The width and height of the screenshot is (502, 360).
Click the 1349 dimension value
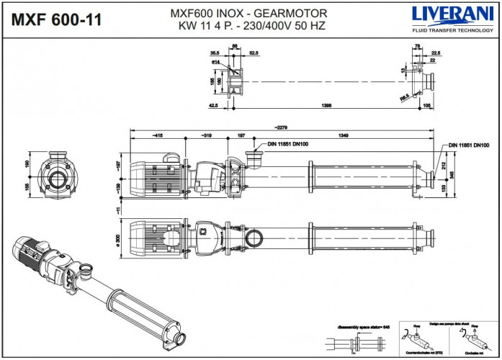tap(347, 135)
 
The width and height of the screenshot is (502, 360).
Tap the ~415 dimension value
tap(157, 135)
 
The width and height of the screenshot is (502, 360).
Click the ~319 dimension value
tap(206, 135)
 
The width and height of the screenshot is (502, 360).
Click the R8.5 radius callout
tap(405, 95)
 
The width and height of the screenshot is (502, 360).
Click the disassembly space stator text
tap(362, 325)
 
